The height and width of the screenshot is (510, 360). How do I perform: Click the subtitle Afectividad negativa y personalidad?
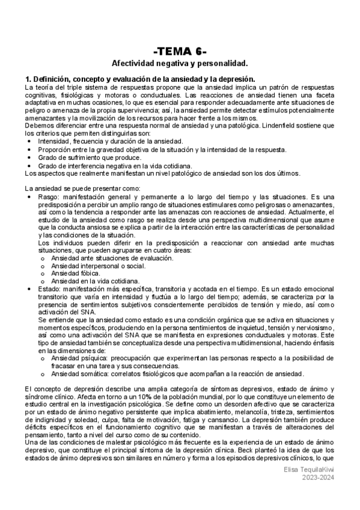(x=180, y=63)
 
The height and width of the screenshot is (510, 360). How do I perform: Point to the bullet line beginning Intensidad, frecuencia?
(x=102, y=141)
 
